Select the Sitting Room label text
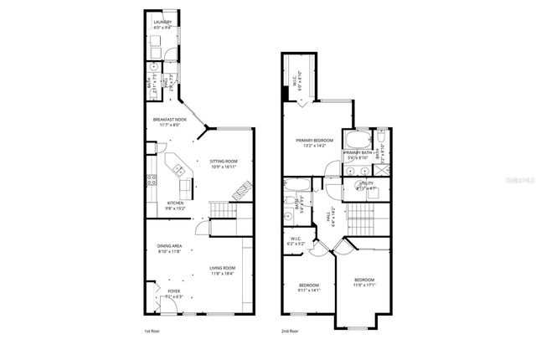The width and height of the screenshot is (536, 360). [x=223, y=163]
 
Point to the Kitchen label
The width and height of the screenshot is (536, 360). [x=175, y=204]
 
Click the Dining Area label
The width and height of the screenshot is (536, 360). [x=169, y=249]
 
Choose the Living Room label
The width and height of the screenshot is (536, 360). [x=223, y=270]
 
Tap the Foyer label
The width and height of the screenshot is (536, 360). [x=174, y=293]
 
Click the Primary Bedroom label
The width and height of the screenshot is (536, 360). [x=314, y=141]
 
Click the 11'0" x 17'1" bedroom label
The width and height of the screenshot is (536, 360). [x=363, y=281]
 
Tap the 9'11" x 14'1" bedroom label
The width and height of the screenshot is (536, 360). [x=310, y=289]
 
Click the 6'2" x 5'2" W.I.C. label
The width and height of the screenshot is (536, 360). [x=296, y=240]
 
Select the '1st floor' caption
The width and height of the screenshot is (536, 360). [x=153, y=332]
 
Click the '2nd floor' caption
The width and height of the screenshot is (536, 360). [x=291, y=332]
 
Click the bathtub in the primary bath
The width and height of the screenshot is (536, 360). [x=359, y=139]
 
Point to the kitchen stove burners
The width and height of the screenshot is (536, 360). [x=152, y=178]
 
